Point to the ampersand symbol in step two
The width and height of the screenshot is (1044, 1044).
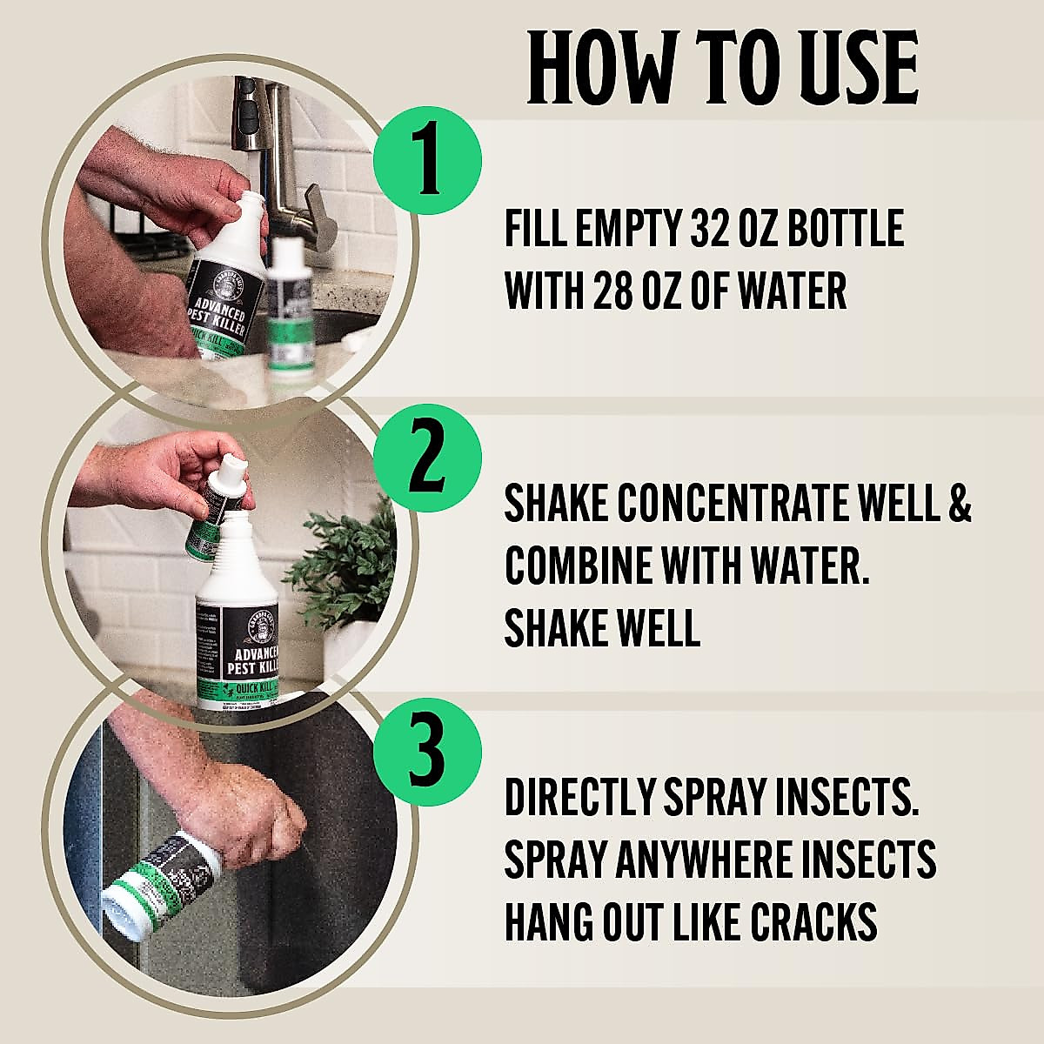point(958,505)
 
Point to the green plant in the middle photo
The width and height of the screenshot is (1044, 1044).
point(348,565)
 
